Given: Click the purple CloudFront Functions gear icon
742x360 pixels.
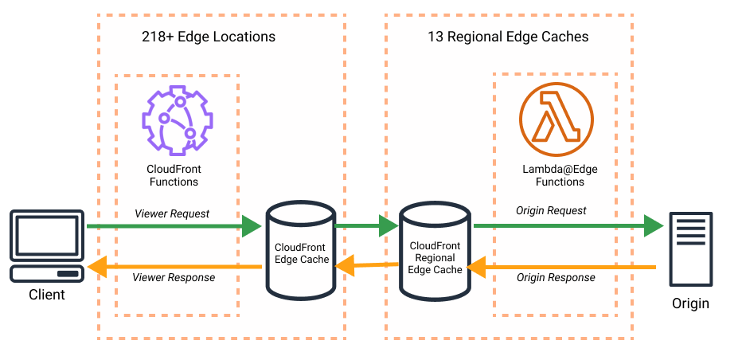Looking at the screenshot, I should click(174, 120).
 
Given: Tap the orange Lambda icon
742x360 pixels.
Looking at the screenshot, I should click(556, 120).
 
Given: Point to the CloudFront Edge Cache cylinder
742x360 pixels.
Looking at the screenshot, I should click(300, 247).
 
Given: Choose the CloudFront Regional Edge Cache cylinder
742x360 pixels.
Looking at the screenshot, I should click(435, 247).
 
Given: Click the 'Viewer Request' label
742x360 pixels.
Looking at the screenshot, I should click(172, 213).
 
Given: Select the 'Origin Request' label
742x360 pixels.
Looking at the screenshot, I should click(551, 210).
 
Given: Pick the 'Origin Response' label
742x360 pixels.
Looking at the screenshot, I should click(556, 278).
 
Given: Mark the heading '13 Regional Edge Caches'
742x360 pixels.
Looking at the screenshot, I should click(508, 37).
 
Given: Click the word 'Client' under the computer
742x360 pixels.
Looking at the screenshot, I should click(47, 295).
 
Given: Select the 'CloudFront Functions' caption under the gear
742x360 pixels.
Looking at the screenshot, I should click(173, 175).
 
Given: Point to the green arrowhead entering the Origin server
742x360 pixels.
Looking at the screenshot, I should click(654, 226).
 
